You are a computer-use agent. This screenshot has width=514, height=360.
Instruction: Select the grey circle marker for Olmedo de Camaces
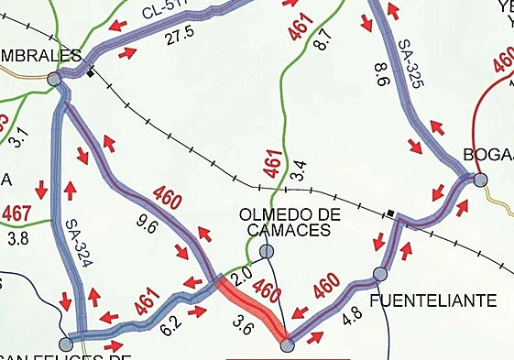coord(267,251)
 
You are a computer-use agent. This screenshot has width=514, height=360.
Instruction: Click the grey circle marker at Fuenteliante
coord(380,273)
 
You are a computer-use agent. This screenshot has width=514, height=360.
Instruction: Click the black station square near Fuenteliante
coord(390,214)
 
